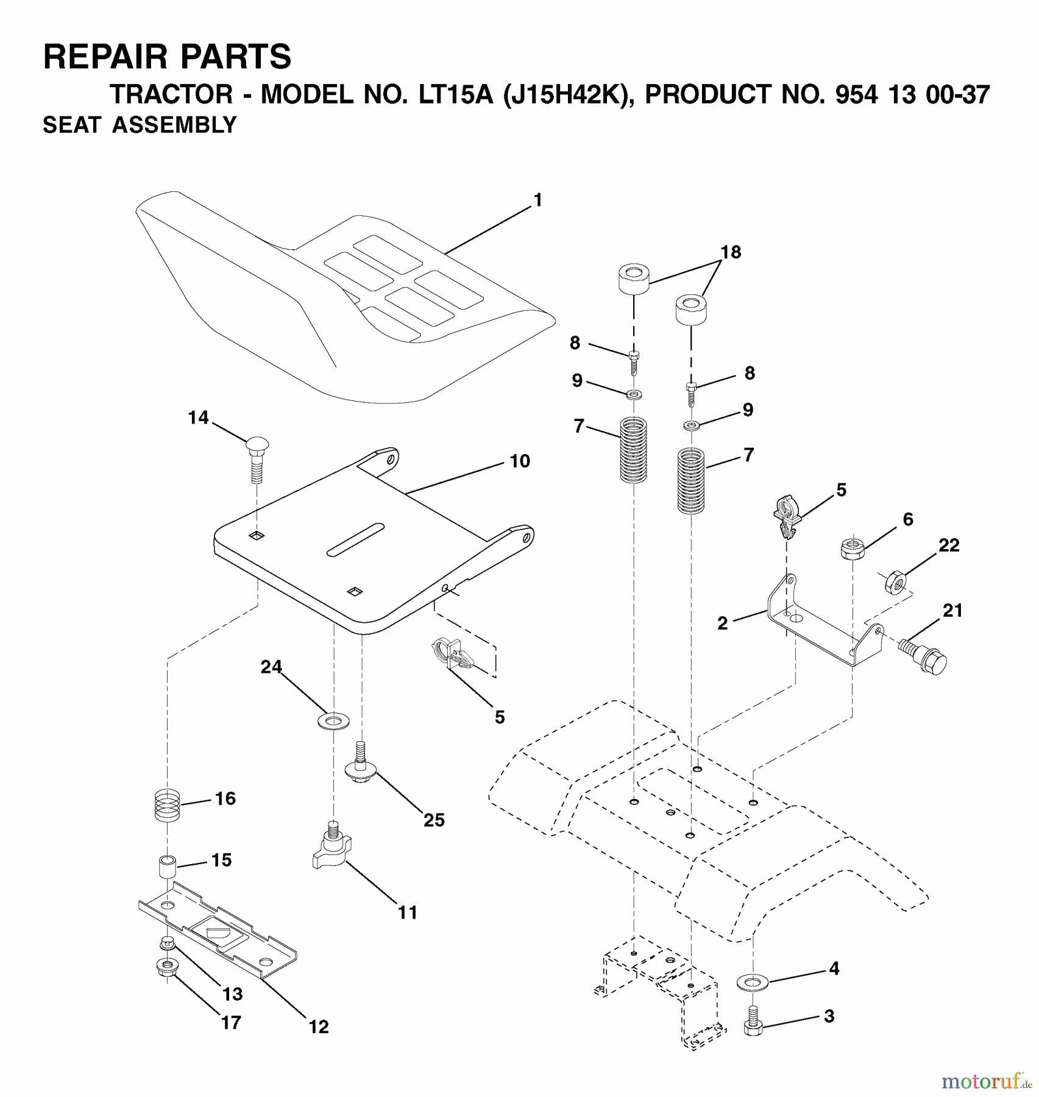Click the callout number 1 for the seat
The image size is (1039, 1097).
tap(537, 200)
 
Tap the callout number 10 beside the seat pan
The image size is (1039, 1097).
tap(520, 461)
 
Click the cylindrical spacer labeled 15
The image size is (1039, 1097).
tap(168, 867)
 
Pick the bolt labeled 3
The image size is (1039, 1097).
tap(753, 1023)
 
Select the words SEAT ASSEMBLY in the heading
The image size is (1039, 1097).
tap(140, 125)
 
